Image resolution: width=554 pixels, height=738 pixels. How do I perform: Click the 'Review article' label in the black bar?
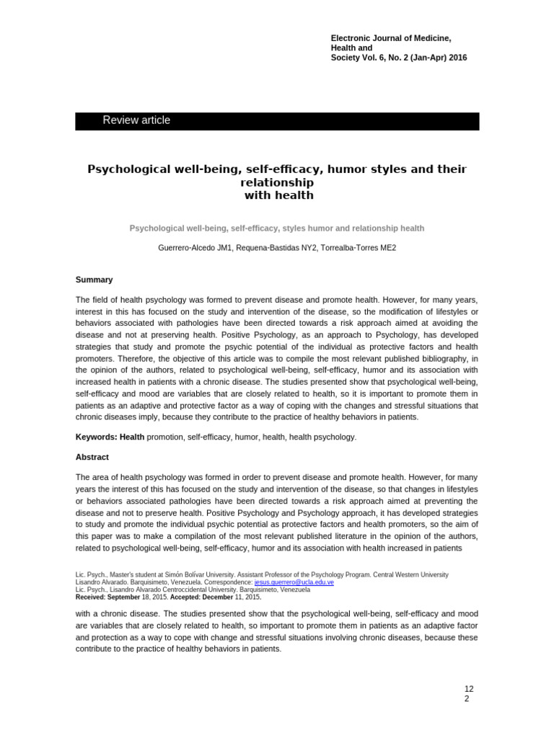click(x=136, y=120)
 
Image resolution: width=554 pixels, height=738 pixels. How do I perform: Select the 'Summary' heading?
click(x=94, y=280)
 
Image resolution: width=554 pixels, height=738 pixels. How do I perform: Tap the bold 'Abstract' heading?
click(x=92, y=457)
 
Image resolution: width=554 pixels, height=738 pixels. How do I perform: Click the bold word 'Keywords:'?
click(x=96, y=437)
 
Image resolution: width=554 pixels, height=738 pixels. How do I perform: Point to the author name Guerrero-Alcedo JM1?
click(x=193, y=248)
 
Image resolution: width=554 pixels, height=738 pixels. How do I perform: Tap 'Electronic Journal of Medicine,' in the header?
click(x=390, y=37)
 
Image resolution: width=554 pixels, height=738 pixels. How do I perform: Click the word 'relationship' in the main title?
click(x=277, y=182)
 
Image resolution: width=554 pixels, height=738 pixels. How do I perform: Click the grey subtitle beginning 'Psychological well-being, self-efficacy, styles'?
click(x=277, y=228)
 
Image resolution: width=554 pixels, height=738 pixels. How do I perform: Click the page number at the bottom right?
click(x=469, y=694)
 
